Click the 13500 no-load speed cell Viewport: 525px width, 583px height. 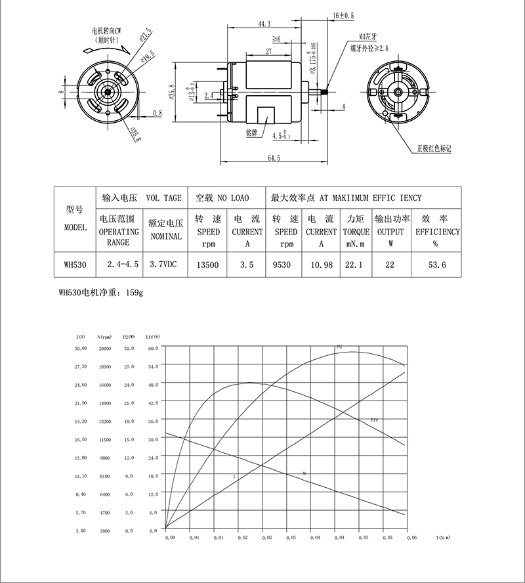(x=208, y=265)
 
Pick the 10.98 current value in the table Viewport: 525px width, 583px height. (x=321, y=265)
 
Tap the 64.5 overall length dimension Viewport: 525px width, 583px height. (x=273, y=158)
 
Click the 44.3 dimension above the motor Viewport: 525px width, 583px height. (x=264, y=24)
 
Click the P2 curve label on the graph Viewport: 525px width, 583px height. (x=339, y=346)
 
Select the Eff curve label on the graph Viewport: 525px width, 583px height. (x=374, y=420)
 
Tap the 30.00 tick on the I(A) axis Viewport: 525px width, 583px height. (x=81, y=349)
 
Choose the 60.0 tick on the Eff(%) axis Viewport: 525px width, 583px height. (x=154, y=349)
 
